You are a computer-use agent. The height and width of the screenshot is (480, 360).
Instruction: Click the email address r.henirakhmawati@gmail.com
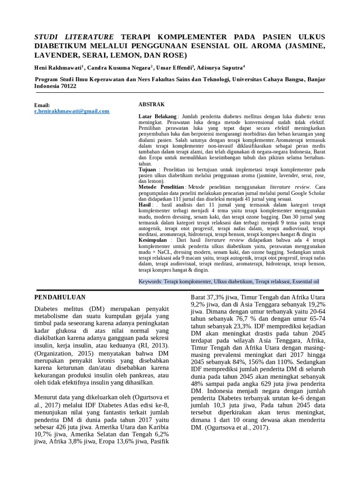click(x=72, y=111)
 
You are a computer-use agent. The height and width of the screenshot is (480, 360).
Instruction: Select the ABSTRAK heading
click(x=151, y=104)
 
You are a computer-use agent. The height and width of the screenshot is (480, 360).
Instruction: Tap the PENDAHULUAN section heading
click(x=61, y=297)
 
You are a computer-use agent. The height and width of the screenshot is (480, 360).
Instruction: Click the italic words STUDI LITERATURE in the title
click(x=75, y=37)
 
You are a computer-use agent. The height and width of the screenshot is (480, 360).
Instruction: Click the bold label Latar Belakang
click(x=157, y=116)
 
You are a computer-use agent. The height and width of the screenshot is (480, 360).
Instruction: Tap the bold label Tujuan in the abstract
click(x=148, y=168)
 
